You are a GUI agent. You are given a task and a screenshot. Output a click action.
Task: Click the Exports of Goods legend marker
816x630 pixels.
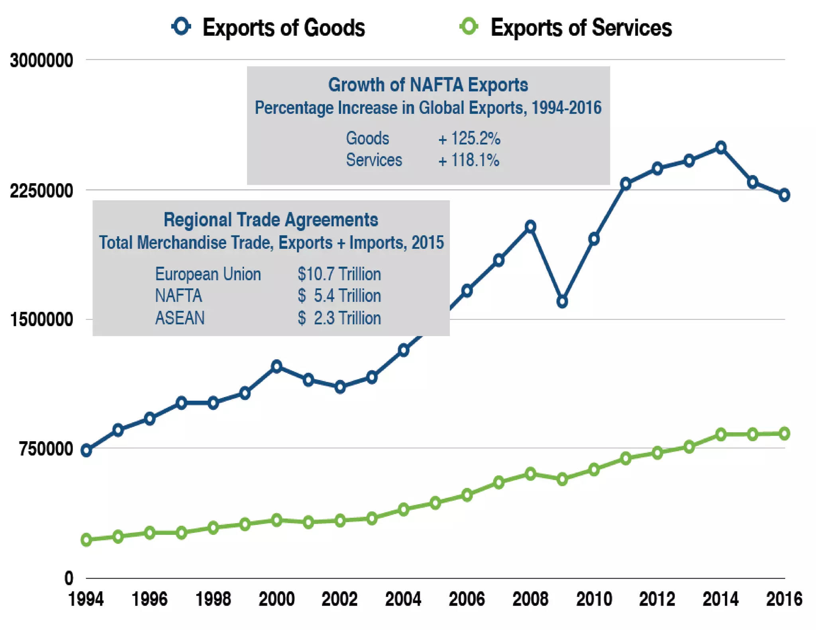181,27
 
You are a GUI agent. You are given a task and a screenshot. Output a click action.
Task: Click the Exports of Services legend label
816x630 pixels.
581,28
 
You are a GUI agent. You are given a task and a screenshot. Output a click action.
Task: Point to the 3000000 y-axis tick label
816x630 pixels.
41,61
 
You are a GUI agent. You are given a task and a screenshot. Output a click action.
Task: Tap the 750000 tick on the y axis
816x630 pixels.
46,449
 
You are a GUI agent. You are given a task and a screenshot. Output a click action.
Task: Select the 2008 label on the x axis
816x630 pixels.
530,599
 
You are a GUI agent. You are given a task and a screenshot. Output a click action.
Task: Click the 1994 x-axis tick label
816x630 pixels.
86,599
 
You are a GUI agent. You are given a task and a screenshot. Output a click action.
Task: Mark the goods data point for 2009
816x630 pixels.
562,302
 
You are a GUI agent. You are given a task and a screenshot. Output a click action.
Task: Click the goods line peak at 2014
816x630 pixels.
721,148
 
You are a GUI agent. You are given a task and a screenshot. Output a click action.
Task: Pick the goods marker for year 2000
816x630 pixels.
277,366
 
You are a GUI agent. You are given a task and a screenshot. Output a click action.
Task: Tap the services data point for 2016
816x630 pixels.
784,434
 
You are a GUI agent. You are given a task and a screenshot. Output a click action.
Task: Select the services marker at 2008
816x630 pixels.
530,474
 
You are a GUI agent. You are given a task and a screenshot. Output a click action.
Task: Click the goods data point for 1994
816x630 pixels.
86,451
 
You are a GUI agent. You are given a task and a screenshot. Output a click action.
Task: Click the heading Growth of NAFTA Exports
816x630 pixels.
428,85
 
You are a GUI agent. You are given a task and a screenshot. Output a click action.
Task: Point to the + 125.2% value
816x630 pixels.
469,139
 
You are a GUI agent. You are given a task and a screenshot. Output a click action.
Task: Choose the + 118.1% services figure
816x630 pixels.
469,160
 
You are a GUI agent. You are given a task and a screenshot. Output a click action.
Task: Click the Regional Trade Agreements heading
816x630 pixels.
271,220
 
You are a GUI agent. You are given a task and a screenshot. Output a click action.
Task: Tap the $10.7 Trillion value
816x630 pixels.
339,274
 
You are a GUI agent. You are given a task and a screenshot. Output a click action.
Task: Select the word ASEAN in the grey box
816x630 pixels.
180,318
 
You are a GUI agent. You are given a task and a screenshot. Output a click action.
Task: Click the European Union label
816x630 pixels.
208,274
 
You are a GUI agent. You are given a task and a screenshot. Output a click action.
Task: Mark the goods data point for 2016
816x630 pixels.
784,195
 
